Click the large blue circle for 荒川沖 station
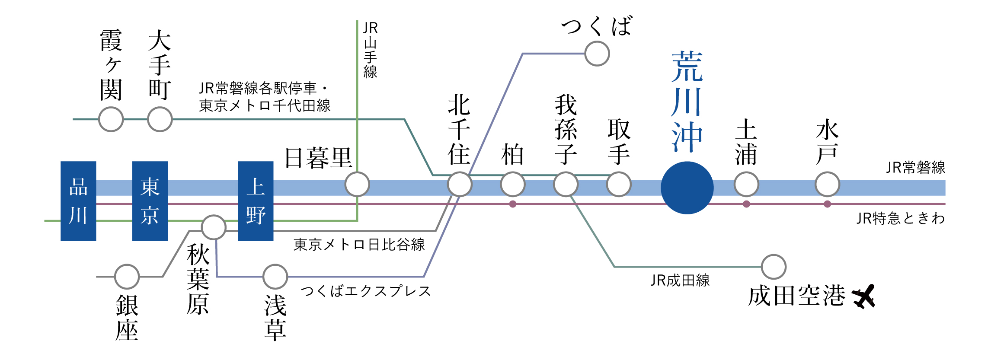point(687,188)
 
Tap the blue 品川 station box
point(78,201)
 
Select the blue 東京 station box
point(150,201)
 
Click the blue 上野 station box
point(256,201)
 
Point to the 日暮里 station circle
point(357,184)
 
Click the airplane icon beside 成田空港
point(863,296)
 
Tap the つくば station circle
point(597,54)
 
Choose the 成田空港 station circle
point(774,267)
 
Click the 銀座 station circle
point(127,277)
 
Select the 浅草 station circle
point(275,277)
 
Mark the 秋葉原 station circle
point(214,227)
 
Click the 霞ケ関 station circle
point(111,119)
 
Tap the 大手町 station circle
point(160,119)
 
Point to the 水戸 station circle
point(827,184)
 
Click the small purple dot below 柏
point(513,204)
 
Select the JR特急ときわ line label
point(901,218)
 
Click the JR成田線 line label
point(680,280)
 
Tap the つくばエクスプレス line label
point(366,291)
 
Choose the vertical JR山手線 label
point(371,50)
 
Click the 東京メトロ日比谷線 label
point(359,245)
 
